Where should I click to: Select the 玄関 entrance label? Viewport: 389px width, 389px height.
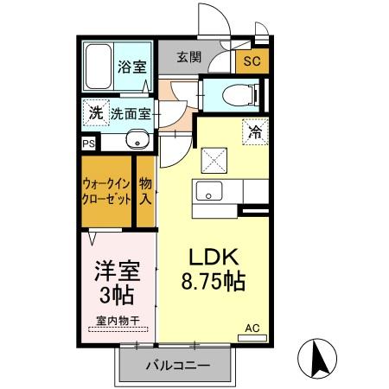point(189,58)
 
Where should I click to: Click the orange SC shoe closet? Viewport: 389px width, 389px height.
point(252,61)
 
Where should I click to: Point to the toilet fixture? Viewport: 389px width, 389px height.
point(234,94)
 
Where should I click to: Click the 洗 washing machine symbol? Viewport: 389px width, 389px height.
point(96,112)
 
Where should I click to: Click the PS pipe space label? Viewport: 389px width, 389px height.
point(88,144)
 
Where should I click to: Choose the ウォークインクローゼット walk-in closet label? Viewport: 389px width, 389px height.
point(108,190)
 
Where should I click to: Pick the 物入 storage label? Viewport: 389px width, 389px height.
point(146,190)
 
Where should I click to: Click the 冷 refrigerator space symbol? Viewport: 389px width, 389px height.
point(255,133)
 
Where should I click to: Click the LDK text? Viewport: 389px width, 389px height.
point(214,257)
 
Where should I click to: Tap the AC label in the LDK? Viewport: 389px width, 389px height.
point(252,328)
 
